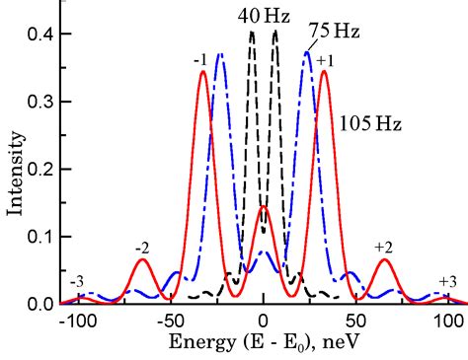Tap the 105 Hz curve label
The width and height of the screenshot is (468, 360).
pyautogui.click(x=368, y=124)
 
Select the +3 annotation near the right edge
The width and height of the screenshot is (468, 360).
pyautogui.click(x=446, y=282)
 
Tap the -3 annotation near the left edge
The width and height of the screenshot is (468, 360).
pyautogui.click(x=77, y=282)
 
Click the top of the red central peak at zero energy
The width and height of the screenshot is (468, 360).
pyautogui.click(x=263, y=207)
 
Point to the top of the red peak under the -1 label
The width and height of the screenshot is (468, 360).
pyautogui.click(x=202, y=71)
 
